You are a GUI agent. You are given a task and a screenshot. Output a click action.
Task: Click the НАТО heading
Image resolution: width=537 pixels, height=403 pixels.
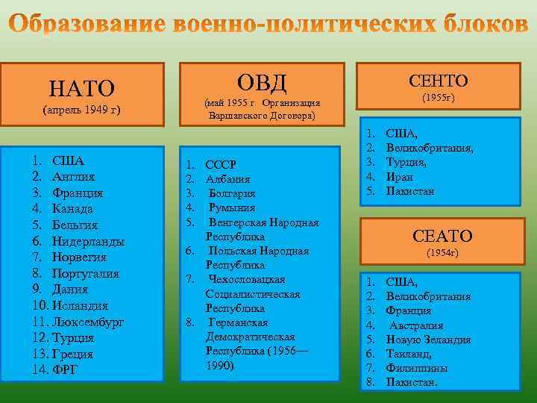(x=82, y=89)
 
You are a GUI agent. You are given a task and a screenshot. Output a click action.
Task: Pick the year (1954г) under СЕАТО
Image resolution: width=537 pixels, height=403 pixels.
(x=442, y=253)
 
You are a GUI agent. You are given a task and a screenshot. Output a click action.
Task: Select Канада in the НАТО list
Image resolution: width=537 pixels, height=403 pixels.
(x=72, y=208)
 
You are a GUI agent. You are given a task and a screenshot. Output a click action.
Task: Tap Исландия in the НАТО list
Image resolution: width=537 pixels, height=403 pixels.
(x=80, y=305)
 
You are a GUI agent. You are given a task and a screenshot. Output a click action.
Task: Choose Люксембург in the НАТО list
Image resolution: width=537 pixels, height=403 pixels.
(x=88, y=322)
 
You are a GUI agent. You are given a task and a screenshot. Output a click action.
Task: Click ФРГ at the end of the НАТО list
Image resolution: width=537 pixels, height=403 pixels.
(x=65, y=369)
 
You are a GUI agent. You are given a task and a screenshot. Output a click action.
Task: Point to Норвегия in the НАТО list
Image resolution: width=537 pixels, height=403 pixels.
(x=80, y=257)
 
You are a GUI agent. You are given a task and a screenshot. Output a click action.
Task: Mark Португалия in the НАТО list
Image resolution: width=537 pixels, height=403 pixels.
(x=86, y=273)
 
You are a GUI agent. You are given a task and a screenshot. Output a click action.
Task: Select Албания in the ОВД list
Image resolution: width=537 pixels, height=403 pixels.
(x=227, y=179)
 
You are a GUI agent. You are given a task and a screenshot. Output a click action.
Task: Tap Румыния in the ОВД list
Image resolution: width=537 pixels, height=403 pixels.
(x=232, y=207)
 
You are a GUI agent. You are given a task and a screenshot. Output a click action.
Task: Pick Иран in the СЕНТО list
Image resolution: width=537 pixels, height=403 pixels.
(x=399, y=177)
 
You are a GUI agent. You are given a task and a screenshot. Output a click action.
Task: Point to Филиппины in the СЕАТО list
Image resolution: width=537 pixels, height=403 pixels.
(x=417, y=368)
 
